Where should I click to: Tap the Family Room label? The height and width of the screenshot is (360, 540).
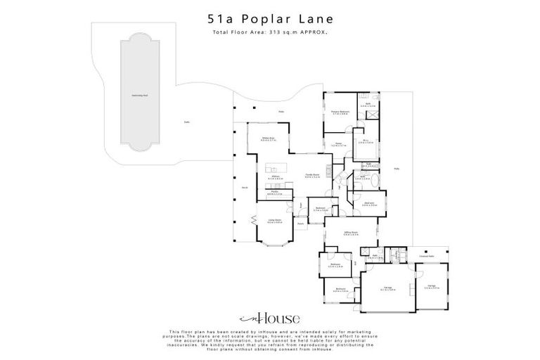pos(312,176)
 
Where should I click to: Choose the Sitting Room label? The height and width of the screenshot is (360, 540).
pos(352,233)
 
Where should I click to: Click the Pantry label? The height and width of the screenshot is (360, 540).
pos(274,193)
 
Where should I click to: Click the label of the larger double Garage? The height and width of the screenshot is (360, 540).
pos(387,288)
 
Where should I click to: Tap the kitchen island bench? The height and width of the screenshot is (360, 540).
pos(276,170)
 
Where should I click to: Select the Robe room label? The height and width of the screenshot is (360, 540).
pos(366,142)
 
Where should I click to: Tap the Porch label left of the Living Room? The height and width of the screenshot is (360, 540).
pos(245,188)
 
